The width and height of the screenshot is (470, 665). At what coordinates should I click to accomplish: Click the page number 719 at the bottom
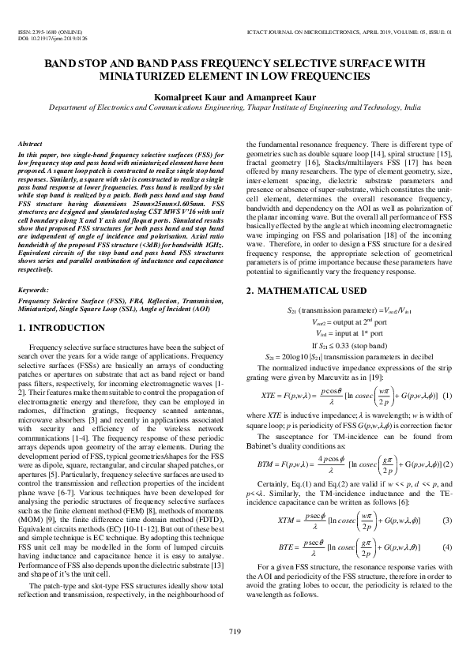[235, 629]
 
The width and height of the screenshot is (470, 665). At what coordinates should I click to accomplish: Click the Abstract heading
[29, 145]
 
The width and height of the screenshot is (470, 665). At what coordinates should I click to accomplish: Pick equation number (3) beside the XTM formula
[447, 520]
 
